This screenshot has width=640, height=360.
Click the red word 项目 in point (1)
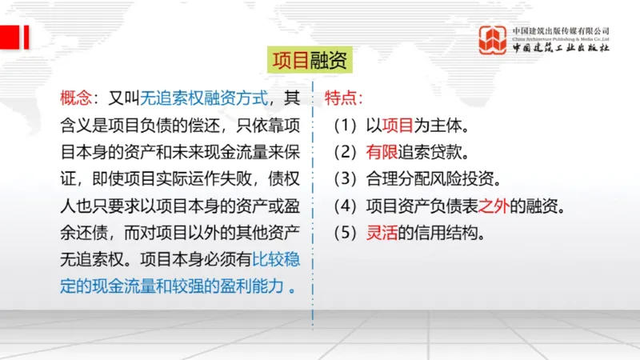(x=397, y=126)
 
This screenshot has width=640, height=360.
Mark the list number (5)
(x=346, y=234)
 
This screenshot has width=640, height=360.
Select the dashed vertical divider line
(x=313, y=200)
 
